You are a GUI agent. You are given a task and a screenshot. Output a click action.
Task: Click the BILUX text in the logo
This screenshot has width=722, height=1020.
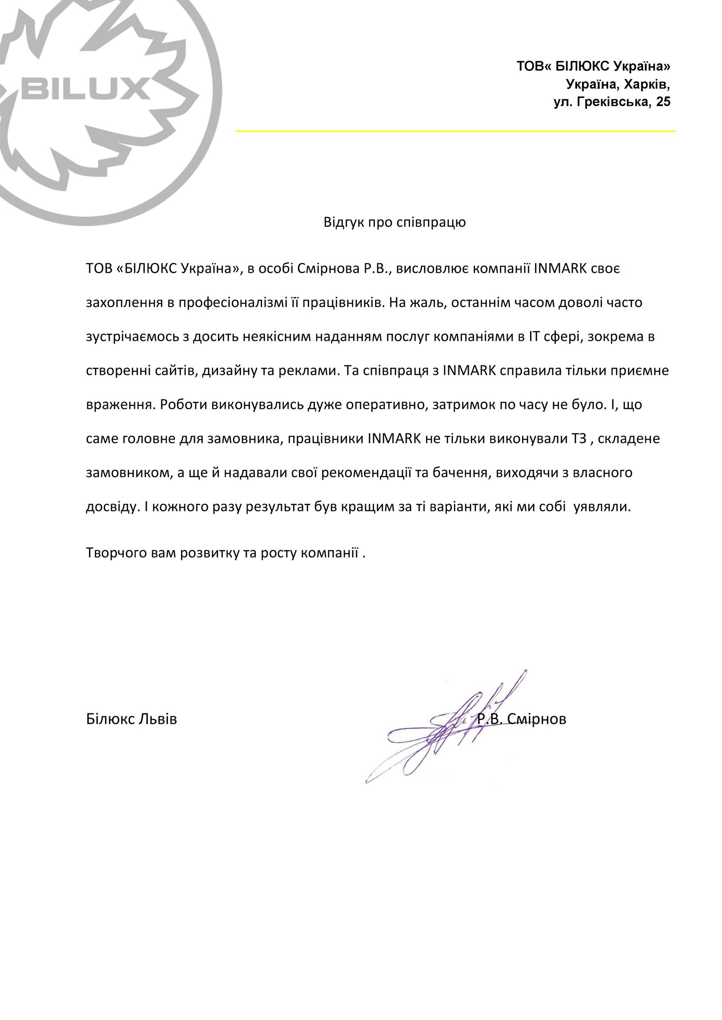(86, 88)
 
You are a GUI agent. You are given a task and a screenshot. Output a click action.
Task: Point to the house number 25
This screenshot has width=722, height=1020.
(663, 102)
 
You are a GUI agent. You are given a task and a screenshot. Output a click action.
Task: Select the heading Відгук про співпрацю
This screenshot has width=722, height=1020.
(394, 222)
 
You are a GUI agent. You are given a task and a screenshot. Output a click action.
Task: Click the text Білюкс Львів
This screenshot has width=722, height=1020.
(131, 719)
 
